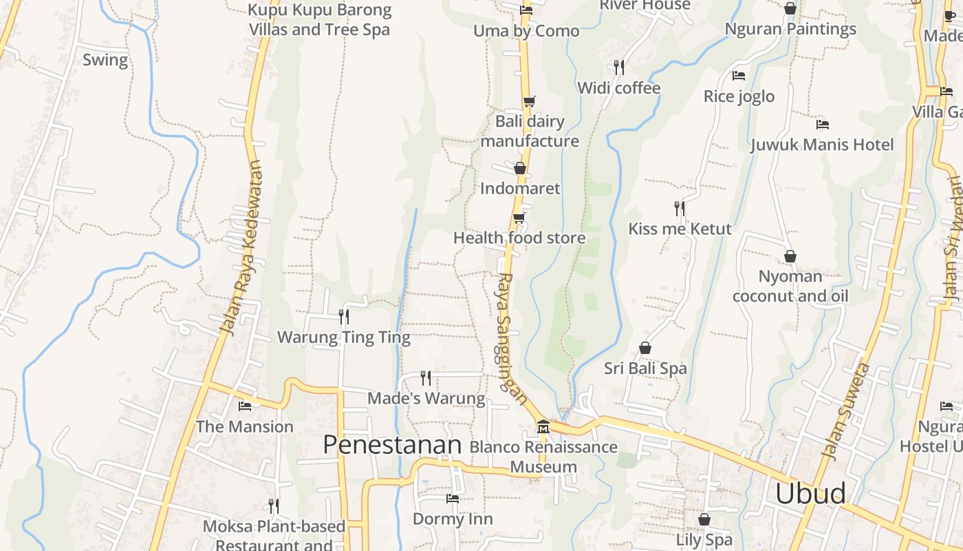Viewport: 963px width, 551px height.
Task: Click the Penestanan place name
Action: click(x=392, y=445)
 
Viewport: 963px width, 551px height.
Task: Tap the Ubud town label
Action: click(x=810, y=494)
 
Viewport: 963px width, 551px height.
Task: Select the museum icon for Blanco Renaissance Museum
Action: click(x=543, y=427)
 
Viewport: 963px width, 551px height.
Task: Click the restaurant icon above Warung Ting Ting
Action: click(x=344, y=316)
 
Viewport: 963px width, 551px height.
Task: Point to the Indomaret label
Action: click(x=520, y=189)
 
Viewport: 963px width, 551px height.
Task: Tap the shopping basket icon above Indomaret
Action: click(x=520, y=168)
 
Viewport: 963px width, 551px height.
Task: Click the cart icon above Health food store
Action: click(x=519, y=218)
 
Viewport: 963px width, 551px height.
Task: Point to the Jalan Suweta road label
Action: click(x=847, y=412)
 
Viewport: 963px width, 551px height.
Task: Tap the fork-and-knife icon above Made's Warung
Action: click(x=426, y=377)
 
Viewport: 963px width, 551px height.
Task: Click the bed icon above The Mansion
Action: click(x=244, y=406)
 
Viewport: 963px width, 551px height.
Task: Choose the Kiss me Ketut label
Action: click(x=680, y=229)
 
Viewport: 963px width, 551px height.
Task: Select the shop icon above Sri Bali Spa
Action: click(x=645, y=348)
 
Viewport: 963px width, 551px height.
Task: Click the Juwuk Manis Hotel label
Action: click(x=822, y=145)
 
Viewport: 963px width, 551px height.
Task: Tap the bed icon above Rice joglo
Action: click(x=739, y=76)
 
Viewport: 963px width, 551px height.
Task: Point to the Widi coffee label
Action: click(x=618, y=88)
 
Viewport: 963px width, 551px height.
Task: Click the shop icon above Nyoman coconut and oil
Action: click(x=790, y=256)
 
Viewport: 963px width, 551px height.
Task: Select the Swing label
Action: click(x=105, y=60)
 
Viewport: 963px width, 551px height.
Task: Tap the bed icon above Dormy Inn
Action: click(x=452, y=499)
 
